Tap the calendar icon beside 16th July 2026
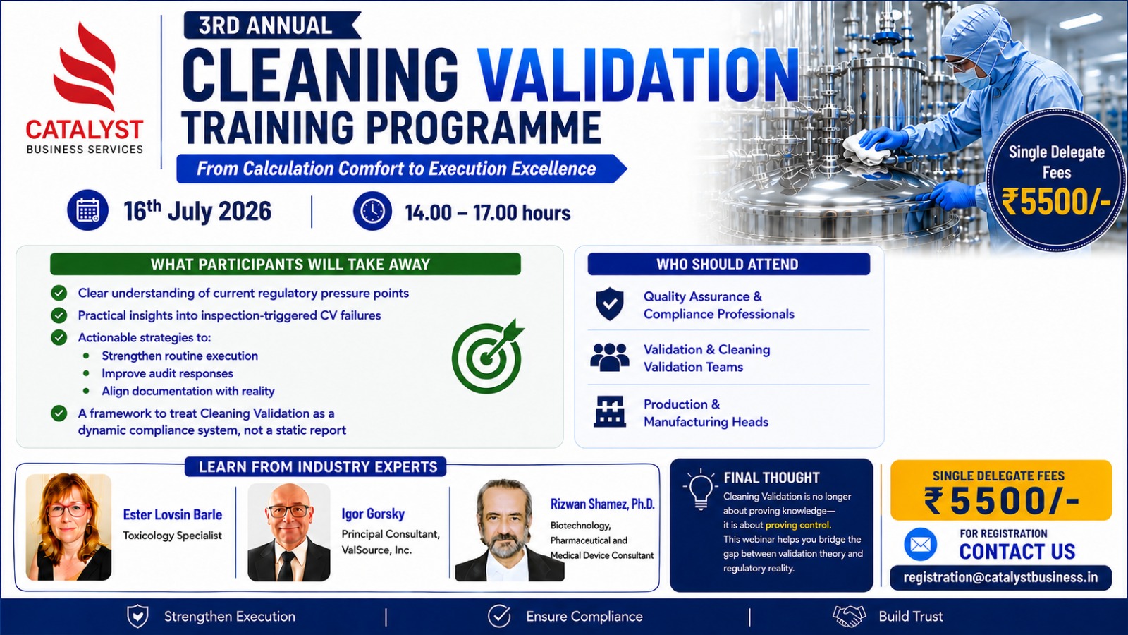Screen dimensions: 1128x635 pyautogui.click(x=87, y=210)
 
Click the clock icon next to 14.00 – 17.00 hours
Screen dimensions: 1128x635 pyautogui.click(x=372, y=211)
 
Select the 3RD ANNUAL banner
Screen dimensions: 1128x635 pyautogui.click(x=272, y=25)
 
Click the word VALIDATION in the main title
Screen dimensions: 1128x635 pyautogui.click(x=637, y=75)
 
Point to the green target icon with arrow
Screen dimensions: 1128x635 pyautogui.click(x=487, y=356)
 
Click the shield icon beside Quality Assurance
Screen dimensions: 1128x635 pyautogui.click(x=610, y=304)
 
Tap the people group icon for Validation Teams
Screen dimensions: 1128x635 pyautogui.click(x=610, y=357)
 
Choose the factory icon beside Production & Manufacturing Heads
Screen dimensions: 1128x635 pyautogui.click(x=610, y=412)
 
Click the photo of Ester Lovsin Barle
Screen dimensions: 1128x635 pyautogui.click(x=68, y=527)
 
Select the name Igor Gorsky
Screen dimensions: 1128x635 pyautogui.click(x=373, y=514)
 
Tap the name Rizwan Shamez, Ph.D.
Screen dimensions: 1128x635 pyautogui.click(x=602, y=504)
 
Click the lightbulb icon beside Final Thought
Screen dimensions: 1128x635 pyautogui.click(x=700, y=489)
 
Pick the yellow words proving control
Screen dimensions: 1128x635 pyautogui.click(x=797, y=525)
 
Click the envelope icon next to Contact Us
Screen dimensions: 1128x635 pyautogui.click(x=921, y=545)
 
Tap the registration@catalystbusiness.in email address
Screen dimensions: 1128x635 pyautogui.click(x=1000, y=578)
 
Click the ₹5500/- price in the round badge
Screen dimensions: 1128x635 pyautogui.click(x=1056, y=202)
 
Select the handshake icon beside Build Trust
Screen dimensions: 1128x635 pyautogui.click(x=849, y=617)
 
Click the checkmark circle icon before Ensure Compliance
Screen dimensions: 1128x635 pyautogui.click(x=499, y=617)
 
